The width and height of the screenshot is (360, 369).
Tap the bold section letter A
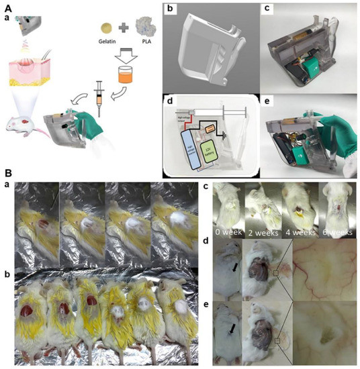point(7,6)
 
